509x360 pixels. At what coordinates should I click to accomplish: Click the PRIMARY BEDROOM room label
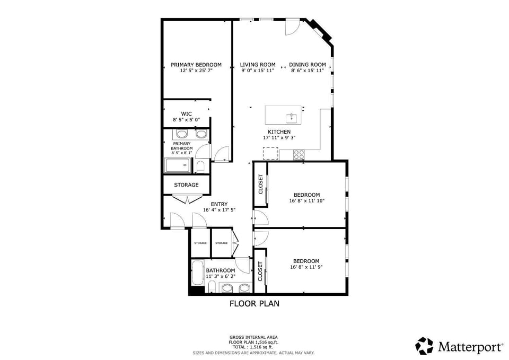point(196,65)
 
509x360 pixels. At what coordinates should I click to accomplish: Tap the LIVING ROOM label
point(258,65)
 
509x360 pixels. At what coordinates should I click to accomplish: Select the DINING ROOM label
point(308,65)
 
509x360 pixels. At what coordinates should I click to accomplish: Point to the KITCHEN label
point(279,132)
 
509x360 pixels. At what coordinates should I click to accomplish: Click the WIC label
point(186,114)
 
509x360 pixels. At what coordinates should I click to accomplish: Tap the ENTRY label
point(219,204)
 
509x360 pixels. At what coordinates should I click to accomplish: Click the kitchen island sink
point(292,118)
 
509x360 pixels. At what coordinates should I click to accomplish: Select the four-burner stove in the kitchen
point(299,154)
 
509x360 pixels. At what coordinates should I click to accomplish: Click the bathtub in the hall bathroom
point(197,273)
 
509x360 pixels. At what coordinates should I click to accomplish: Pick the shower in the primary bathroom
point(178,165)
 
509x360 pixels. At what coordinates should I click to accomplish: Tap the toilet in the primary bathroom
point(200,166)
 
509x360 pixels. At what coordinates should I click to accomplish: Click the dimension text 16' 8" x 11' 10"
point(307,201)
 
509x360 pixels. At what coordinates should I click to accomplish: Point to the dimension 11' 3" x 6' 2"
point(221,277)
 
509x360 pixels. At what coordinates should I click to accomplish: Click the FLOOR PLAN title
point(254,304)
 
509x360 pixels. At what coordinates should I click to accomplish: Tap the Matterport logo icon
point(424,346)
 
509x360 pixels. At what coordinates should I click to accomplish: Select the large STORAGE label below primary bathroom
point(186,185)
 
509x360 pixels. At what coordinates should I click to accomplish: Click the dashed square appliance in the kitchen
point(270,153)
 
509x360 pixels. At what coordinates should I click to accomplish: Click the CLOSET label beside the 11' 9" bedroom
point(260,271)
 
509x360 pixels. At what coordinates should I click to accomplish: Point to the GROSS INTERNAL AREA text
point(253,338)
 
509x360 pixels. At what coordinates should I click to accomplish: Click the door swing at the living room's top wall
point(292,27)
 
